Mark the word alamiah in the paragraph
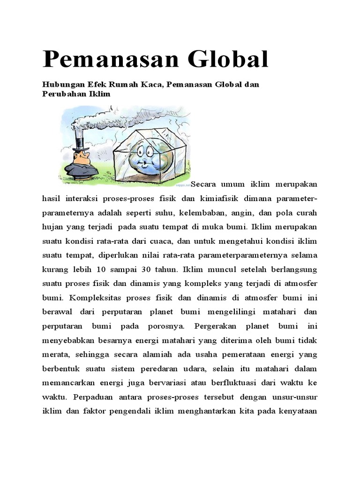(175, 355)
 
